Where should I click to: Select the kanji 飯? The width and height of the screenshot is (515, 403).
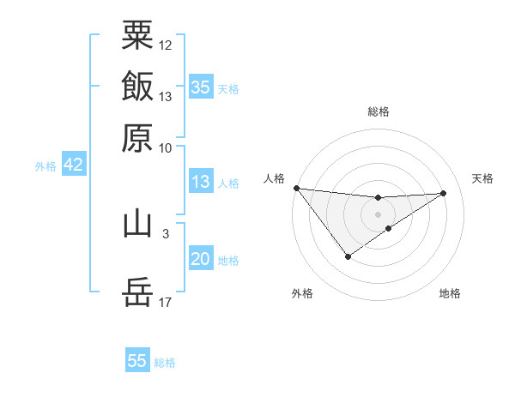[x=137, y=87]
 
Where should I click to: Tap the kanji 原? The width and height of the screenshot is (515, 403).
[x=137, y=137]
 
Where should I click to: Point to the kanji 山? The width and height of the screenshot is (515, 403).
[x=137, y=224]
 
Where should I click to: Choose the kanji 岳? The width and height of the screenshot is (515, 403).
[x=137, y=292]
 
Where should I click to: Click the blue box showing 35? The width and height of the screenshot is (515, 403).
[x=200, y=87]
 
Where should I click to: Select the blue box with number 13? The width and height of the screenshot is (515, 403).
[x=200, y=182]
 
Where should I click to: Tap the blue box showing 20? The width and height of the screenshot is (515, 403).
[x=200, y=259]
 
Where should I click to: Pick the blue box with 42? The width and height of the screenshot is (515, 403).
[x=73, y=165]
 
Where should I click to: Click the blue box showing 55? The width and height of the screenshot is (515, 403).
[x=137, y=361]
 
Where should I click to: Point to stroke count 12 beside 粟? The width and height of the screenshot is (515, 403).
[x=166, y=45]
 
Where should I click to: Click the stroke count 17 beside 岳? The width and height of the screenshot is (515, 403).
[x=166, y=302]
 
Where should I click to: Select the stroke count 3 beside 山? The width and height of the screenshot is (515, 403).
[x=165, y=232]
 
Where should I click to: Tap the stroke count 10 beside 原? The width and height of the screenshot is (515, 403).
[x=166, y=147]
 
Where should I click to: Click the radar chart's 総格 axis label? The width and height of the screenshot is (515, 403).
[x=378, y=111]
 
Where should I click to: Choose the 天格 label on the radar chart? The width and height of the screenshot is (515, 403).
[x=482, y=178]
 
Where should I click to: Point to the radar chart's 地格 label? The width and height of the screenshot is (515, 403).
[x=450, y=293]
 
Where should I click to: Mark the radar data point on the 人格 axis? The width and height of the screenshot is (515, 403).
[x=296, y=188]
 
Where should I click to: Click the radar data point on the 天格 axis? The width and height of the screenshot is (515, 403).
[x=444, y=193]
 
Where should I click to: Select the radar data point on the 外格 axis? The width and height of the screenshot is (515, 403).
[x=348, y=256]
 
